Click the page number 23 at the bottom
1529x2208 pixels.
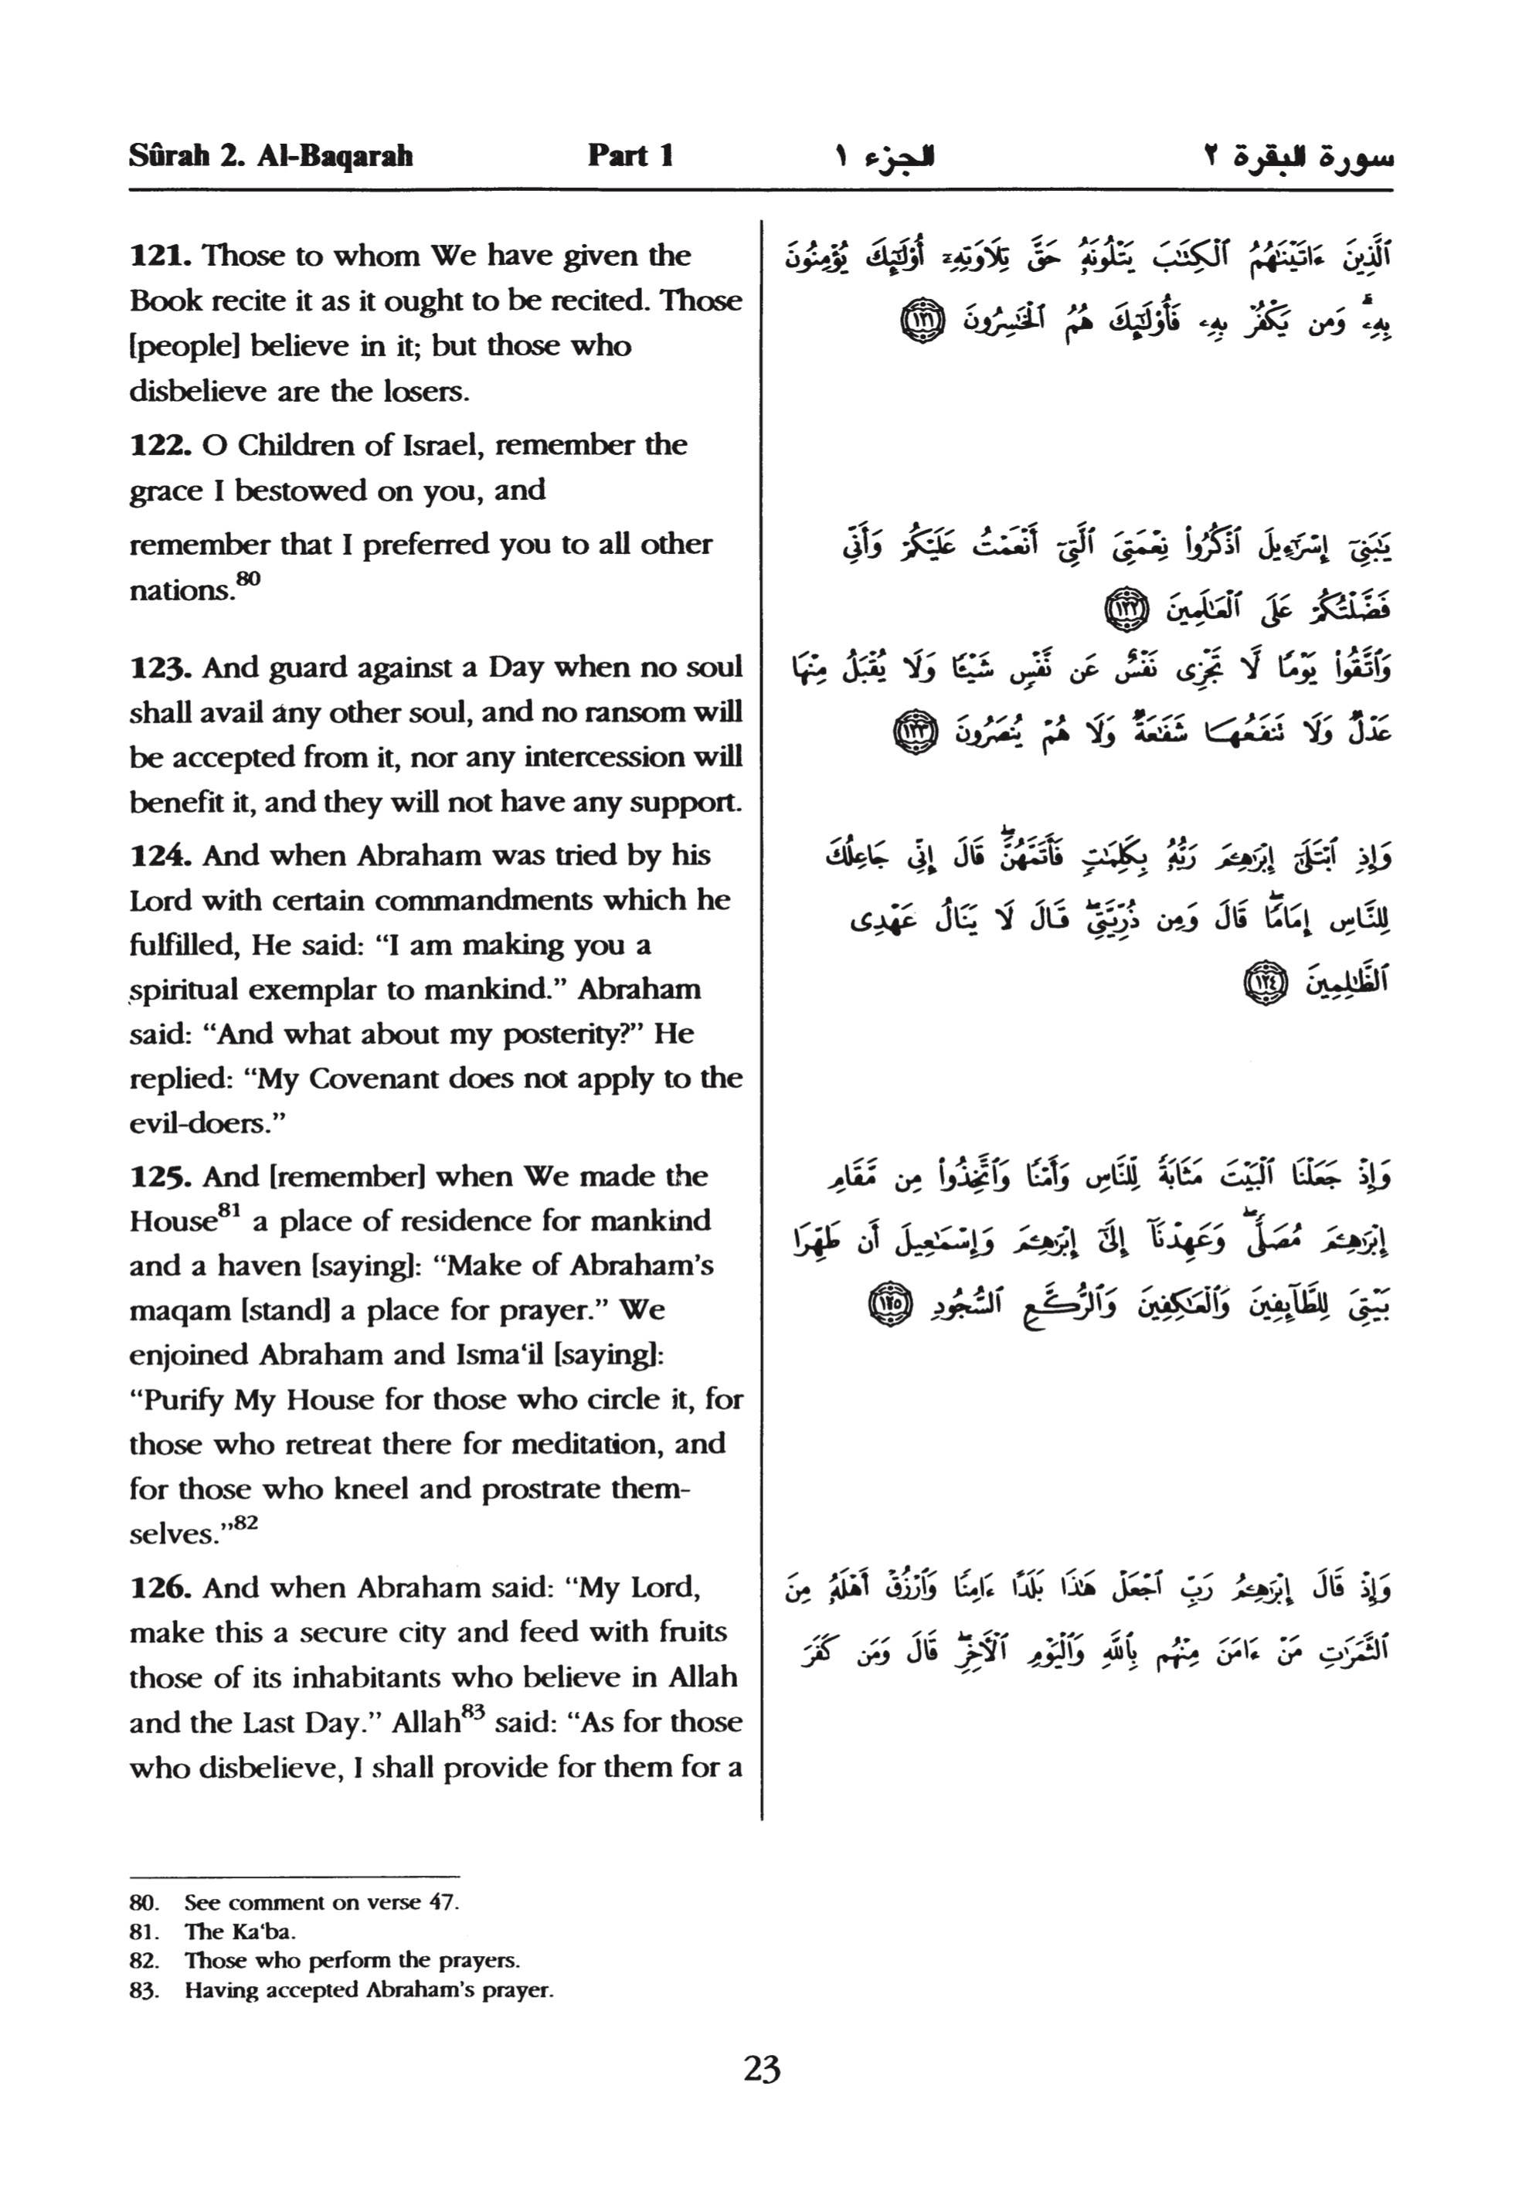(762, 2069)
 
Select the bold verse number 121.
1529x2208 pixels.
(161, 256)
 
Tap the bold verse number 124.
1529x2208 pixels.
(161, 855)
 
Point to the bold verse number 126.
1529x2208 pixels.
(161, 1588)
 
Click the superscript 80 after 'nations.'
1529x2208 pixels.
(248, 579)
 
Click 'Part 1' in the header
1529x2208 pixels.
(630, 155)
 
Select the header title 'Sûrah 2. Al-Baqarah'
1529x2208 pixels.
(271, 155)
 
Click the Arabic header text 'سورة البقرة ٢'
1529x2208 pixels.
(1298, 156)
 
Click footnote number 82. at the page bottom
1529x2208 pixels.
(144, 1960)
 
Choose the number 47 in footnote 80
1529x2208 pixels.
(443, 1902)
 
